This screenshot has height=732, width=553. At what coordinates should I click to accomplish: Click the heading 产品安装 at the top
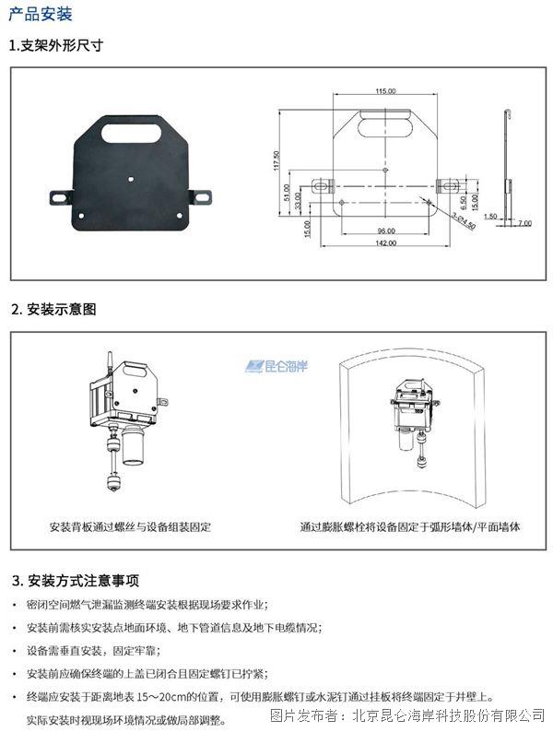coord(41,14)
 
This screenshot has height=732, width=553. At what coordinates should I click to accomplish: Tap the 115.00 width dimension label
coord(385,91)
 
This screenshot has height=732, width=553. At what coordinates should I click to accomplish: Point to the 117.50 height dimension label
coord(276,160)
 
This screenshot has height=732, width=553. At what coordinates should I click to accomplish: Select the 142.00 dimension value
coord(386,242)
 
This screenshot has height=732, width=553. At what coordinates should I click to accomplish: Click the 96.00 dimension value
coord(386,230)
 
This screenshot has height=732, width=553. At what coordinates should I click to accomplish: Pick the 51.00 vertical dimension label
coord(287,193)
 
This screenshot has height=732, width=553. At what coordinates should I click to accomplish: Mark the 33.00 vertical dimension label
coord(299,201)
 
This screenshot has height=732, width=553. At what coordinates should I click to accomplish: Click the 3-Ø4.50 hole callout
coord(464,220)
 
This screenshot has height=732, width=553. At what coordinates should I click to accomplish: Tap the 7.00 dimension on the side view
coord(524,223)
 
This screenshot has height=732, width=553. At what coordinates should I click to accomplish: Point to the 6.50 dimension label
coord(463,202)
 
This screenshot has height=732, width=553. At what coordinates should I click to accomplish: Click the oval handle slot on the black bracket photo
coord(131,133)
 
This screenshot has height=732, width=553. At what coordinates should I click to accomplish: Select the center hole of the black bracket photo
coord(131,178)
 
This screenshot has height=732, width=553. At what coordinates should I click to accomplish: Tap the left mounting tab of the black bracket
coord(62,197)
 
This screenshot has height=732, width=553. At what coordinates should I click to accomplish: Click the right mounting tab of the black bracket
coord(201,197)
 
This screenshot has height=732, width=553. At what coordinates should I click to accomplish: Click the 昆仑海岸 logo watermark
coord(276,366)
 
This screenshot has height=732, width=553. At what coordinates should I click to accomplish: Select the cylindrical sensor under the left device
coord(133,446)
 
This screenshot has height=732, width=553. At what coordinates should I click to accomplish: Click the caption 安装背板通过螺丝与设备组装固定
coord(130,527)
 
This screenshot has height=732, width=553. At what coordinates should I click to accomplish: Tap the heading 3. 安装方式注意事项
coord(76,580)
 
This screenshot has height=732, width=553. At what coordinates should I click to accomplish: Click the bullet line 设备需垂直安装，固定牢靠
coord(93,650)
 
